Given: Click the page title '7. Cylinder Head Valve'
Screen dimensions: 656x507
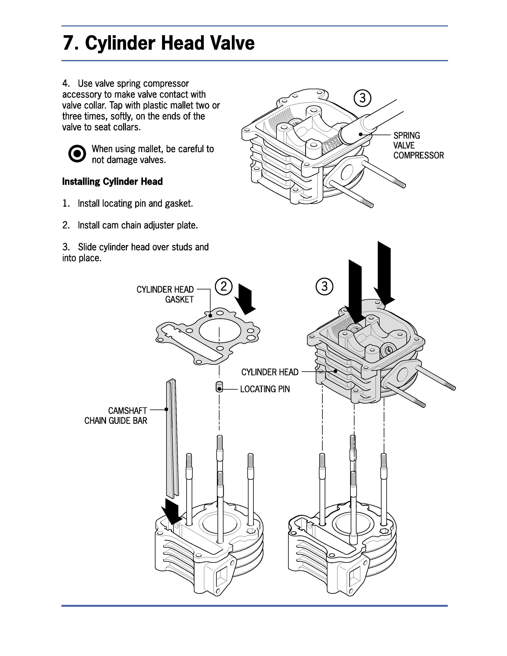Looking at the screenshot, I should click(158, 43).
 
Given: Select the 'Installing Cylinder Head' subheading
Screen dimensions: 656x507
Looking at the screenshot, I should click(112, 181).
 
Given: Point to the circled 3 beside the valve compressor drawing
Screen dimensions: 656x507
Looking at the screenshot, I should click(362, 98).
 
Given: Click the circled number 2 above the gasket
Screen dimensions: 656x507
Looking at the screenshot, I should click(223, 286).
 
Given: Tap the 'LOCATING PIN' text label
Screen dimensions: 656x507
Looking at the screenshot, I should click(265, 389).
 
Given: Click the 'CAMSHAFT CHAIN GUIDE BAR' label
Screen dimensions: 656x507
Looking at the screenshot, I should click(116, 415).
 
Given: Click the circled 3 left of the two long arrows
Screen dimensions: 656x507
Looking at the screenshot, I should click(324, 286).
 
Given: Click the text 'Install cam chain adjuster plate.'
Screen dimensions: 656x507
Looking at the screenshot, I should click(138, 225).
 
